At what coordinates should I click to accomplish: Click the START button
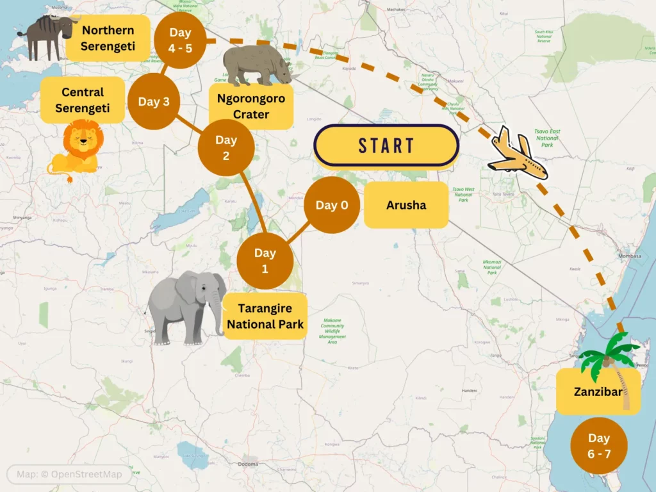(x=386, y=145)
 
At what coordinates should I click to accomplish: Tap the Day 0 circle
(x=332, y=205)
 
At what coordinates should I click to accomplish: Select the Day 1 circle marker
(x=265, y=261)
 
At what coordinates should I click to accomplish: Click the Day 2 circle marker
(x=225, y=148)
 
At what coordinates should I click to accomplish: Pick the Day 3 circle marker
(x=154, y=102)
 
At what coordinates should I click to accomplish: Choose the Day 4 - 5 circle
(x=181, y=40)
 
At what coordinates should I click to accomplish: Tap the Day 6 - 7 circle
(x=598, y=446)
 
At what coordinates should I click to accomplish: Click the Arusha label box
(x=406, y=205)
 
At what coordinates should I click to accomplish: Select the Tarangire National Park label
(x=265, y=316)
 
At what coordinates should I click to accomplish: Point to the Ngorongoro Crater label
(x=251, y=107)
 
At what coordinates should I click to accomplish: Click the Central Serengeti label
(x=82, y=100)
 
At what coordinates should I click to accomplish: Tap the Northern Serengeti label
(x=108, y=38)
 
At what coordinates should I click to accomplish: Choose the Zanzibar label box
(x=597, y=391)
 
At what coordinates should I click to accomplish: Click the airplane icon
(x=517, y=154)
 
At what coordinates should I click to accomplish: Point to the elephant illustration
(x=186, y=306)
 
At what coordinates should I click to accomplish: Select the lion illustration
(x=75, y=149)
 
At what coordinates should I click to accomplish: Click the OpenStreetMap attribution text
(x=69, y=475)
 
